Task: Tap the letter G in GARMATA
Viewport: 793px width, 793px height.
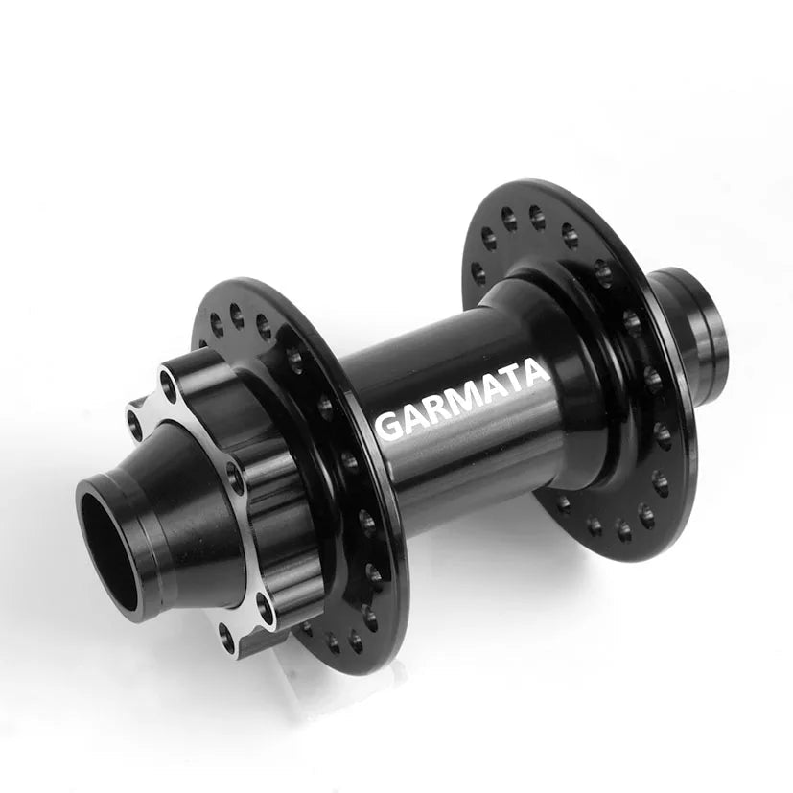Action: [389, 425]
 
